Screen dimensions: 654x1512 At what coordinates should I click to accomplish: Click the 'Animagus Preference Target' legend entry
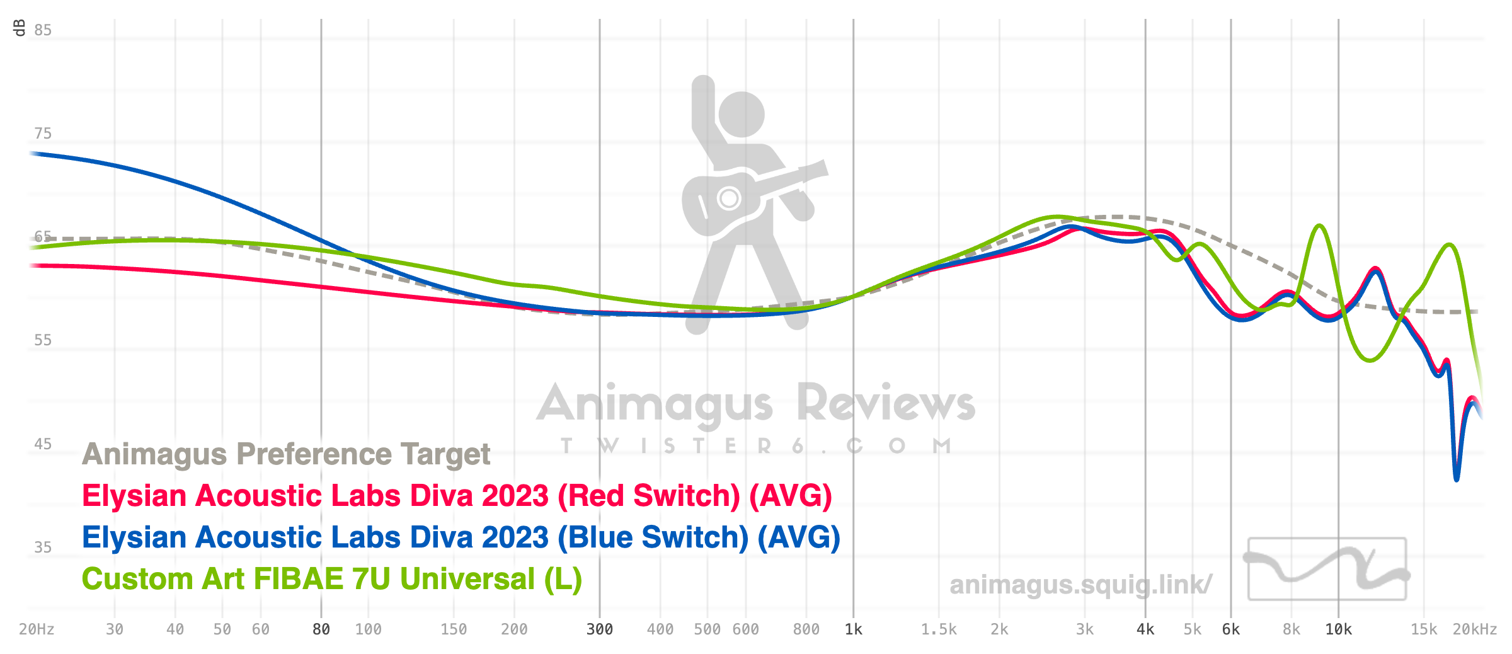point(286,454)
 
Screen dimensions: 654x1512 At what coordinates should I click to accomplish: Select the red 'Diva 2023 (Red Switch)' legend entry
point(457,496)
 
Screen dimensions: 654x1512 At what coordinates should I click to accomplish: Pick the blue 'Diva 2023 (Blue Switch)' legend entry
point(461,537)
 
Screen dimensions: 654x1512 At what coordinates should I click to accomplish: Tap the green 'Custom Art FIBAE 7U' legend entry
point(331,579)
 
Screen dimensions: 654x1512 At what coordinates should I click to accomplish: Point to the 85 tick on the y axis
point(43,30)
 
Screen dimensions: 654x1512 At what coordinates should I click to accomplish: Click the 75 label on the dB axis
point(43,134)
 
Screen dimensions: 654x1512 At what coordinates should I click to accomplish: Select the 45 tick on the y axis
point(43,444)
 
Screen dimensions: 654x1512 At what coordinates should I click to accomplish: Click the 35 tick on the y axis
point(43,548)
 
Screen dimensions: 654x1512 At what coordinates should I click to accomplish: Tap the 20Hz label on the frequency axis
point(37,629)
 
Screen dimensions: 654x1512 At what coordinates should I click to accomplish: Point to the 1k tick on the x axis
point(854,629)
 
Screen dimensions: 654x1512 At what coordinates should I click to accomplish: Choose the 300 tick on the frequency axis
point(599,629)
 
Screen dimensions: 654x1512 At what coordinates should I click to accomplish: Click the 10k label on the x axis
point(1338,629)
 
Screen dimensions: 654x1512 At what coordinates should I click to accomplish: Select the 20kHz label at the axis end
point(1475,629)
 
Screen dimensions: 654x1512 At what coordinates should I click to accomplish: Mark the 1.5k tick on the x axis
point(939,629)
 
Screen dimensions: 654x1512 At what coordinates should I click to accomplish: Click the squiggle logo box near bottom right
point(1327,568)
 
